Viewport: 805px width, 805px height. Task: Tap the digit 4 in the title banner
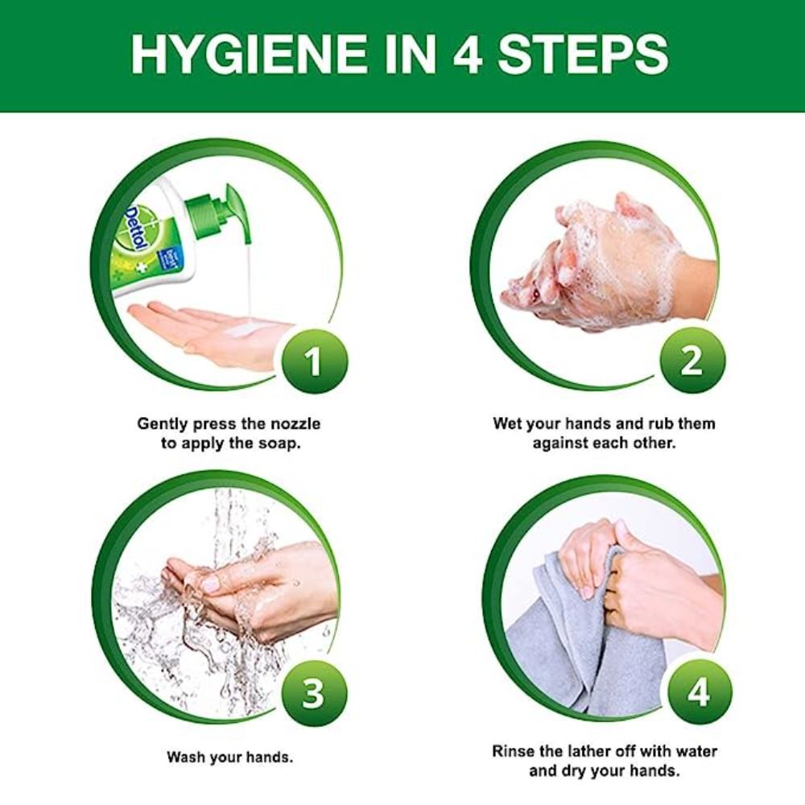(x=467, y=54)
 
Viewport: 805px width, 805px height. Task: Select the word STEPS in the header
(x=583, y=54)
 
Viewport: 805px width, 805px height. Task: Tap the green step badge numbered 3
(x=312, y=693)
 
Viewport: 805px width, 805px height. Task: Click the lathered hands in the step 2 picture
(x=601, y=262)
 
